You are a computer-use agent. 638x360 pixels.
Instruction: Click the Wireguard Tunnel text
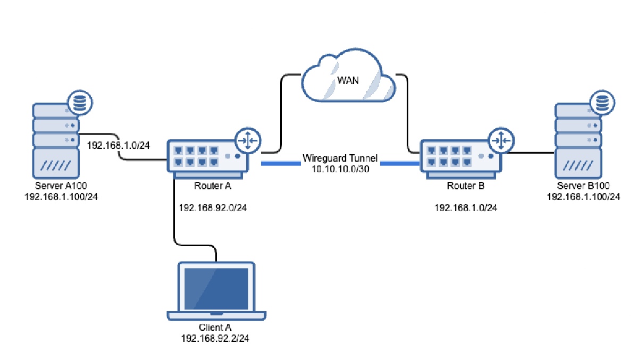pos(340,158)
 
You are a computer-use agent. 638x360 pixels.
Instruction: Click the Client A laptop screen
pos(216,288)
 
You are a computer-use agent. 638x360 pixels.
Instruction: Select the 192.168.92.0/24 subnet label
pos(213,208)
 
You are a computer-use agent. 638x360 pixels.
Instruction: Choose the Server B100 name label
pos(583,186)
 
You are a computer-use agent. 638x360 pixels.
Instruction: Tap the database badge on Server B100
pos(602,102)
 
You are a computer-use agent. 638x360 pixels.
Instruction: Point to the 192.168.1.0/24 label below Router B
pos(466,208)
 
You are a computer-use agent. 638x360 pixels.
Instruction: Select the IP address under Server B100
pos(583,196)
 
